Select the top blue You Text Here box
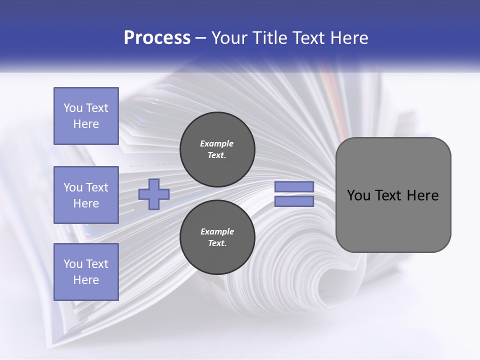pyautogui.click(x=86, y=116)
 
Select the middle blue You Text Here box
pyautogui.click(x=86, y=195)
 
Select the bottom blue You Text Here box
pyautogui.click(x=86, y=271)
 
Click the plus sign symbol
pyautogui.click(x=154, y=194)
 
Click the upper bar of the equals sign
pyautogui.click(x=294, y=187)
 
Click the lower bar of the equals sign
pyautogui.click(x=294, y=201)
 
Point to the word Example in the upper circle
pyautogui.click(x=217, y=143)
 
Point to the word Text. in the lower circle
pyautogui.click(x=217, y=243)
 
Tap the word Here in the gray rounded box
pyautogui.click(x=422, y=195)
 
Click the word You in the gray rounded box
pyautogui.click(x=358, y=195)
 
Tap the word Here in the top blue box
pyautogui.click(x=86, y=124)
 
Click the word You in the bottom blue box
pyautogui.click(x=72, y=264)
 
